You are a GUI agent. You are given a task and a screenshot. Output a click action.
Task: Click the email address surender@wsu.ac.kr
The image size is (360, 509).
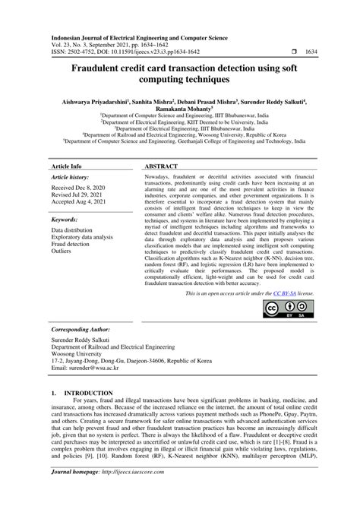tap(89, 374)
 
